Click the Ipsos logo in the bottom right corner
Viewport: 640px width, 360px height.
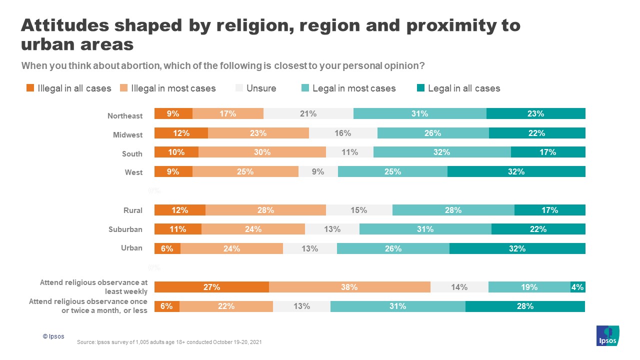pos(608,335)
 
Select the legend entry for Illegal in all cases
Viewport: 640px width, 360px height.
pos(69,88)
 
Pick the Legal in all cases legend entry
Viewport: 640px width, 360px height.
pos(458,88)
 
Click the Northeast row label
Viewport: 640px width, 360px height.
pos(125,116)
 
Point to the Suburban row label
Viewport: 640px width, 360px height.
pos(125,229)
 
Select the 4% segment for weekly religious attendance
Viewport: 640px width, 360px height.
pos(577,287)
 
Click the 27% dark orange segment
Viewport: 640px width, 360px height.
pos(211,287)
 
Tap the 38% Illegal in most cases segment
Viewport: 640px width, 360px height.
pos(349,287)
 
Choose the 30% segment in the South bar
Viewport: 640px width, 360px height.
pos(262,152)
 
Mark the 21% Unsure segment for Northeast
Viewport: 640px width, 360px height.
pos(308,113)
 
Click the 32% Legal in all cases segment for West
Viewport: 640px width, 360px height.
pos(516,171)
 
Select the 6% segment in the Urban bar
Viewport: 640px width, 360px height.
pos(167,248)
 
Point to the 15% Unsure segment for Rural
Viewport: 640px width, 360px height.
pos(358,210)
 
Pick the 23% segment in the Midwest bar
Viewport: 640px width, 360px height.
pos(258,133)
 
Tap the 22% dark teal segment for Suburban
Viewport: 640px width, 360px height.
pos(538,229)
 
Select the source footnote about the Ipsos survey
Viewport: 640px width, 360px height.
pos(169,342)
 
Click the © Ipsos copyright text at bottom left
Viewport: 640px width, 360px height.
pos(53,336)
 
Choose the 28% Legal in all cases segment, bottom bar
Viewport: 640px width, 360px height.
pos(525,306)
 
